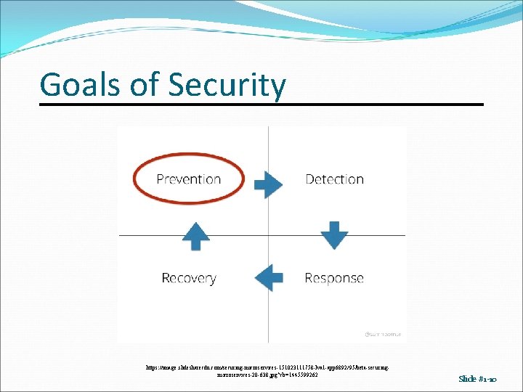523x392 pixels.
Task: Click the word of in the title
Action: pos(141,85)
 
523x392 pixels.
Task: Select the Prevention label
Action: pos(189,179)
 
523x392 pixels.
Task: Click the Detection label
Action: pos(335,179)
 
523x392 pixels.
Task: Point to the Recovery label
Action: pos(189,278)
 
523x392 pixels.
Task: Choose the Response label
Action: pos(334,278)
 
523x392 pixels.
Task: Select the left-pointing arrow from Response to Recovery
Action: pos(269,277)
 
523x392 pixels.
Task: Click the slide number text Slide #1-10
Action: pos(477,379)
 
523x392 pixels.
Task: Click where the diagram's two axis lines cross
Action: pos(269,235)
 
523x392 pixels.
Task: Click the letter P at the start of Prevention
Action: pos(161,179)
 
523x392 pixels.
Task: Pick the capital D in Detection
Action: pos(309,179)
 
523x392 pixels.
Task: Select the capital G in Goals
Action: pos(49,85)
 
